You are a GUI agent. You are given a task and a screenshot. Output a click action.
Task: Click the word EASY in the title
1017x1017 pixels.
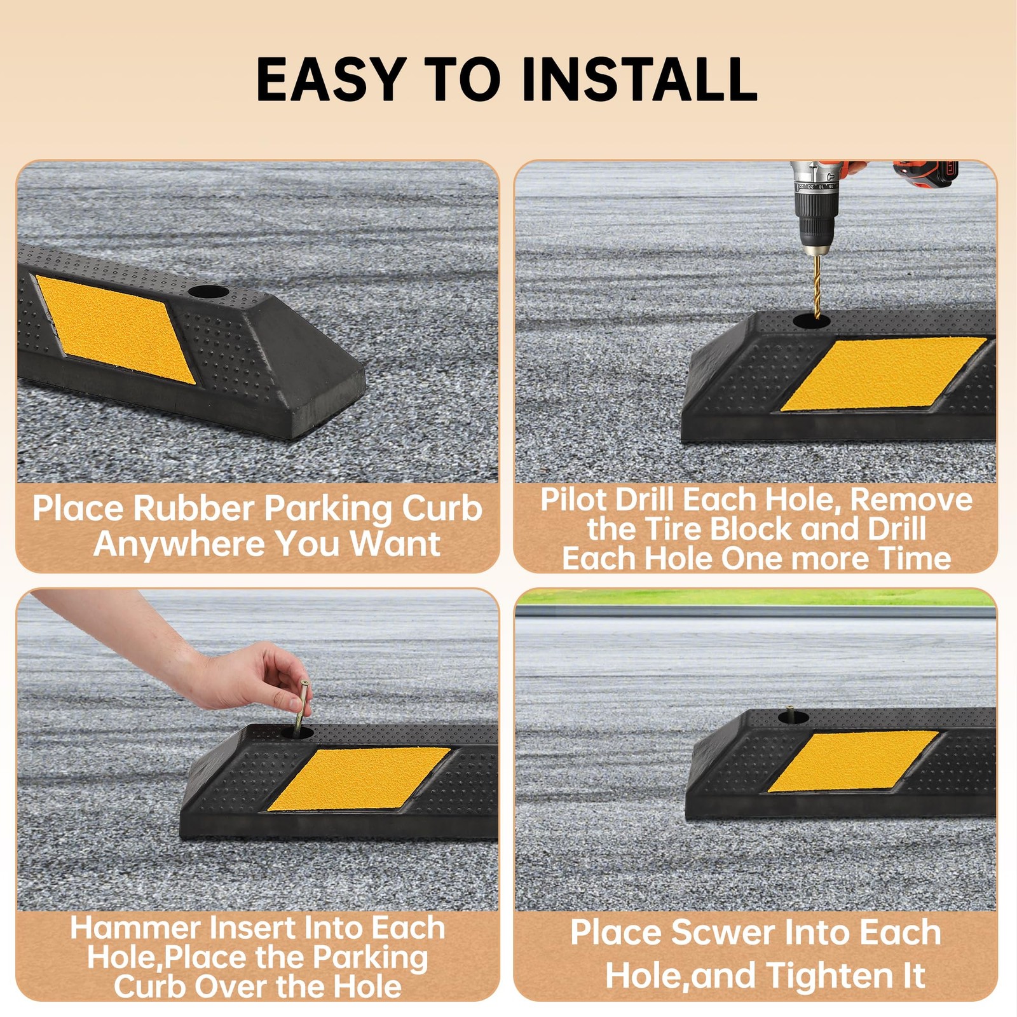pyautogui.click(x=331, y=79)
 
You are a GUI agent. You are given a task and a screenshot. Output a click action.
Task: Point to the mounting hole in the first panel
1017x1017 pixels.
pyautogui.click(x=208, y=293)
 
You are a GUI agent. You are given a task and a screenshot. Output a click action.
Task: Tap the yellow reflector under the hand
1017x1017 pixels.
pyautogui.click(x=359, y=779)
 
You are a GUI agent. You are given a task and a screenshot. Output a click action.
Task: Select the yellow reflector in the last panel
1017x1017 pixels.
pyautogui.click(x=853, y=761)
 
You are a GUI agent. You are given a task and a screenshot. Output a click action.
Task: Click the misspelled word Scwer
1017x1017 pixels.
pyautogui.click(x=723, y=933)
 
